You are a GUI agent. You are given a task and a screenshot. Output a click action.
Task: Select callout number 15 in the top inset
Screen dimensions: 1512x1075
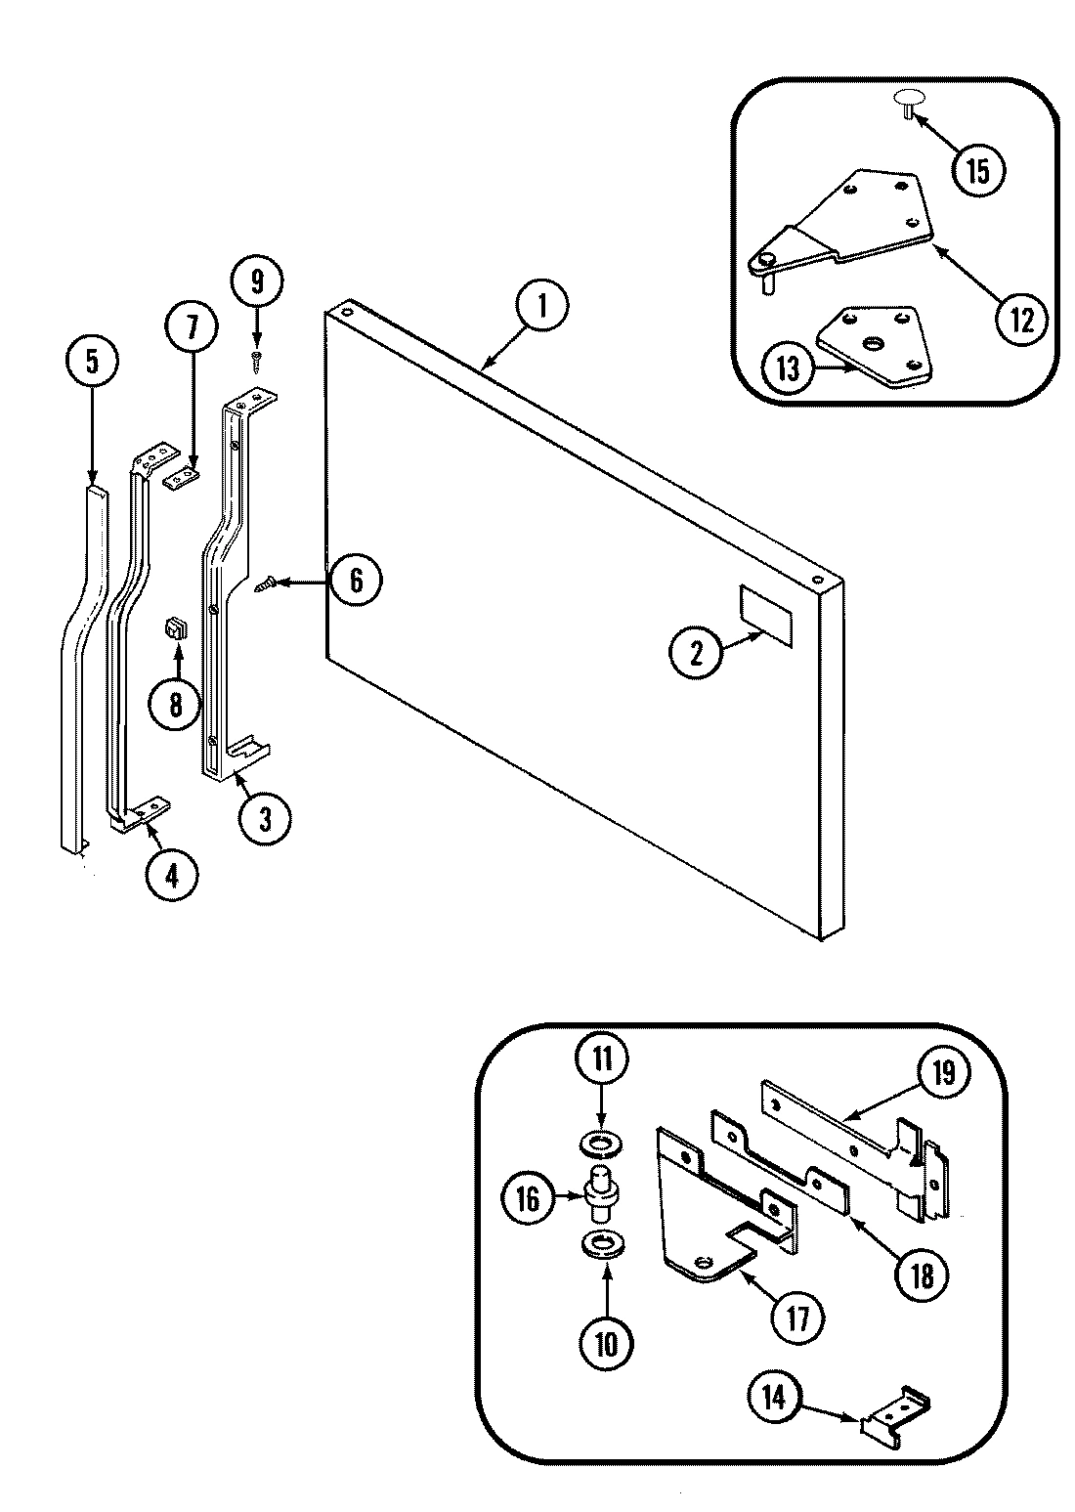(977, 170)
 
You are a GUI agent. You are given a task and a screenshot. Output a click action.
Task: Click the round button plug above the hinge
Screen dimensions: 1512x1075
(908, 101)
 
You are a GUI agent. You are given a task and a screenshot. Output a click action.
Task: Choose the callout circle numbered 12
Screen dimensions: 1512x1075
(1021, 320)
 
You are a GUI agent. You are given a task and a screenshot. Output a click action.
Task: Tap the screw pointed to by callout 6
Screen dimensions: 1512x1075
(264, 585)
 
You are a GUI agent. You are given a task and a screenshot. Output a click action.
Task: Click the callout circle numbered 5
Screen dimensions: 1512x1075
(91, 361)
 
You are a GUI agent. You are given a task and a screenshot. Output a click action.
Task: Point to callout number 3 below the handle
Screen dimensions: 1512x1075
(265, 819)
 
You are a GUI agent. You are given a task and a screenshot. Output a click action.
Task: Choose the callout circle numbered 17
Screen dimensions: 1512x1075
(797, 1318)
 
